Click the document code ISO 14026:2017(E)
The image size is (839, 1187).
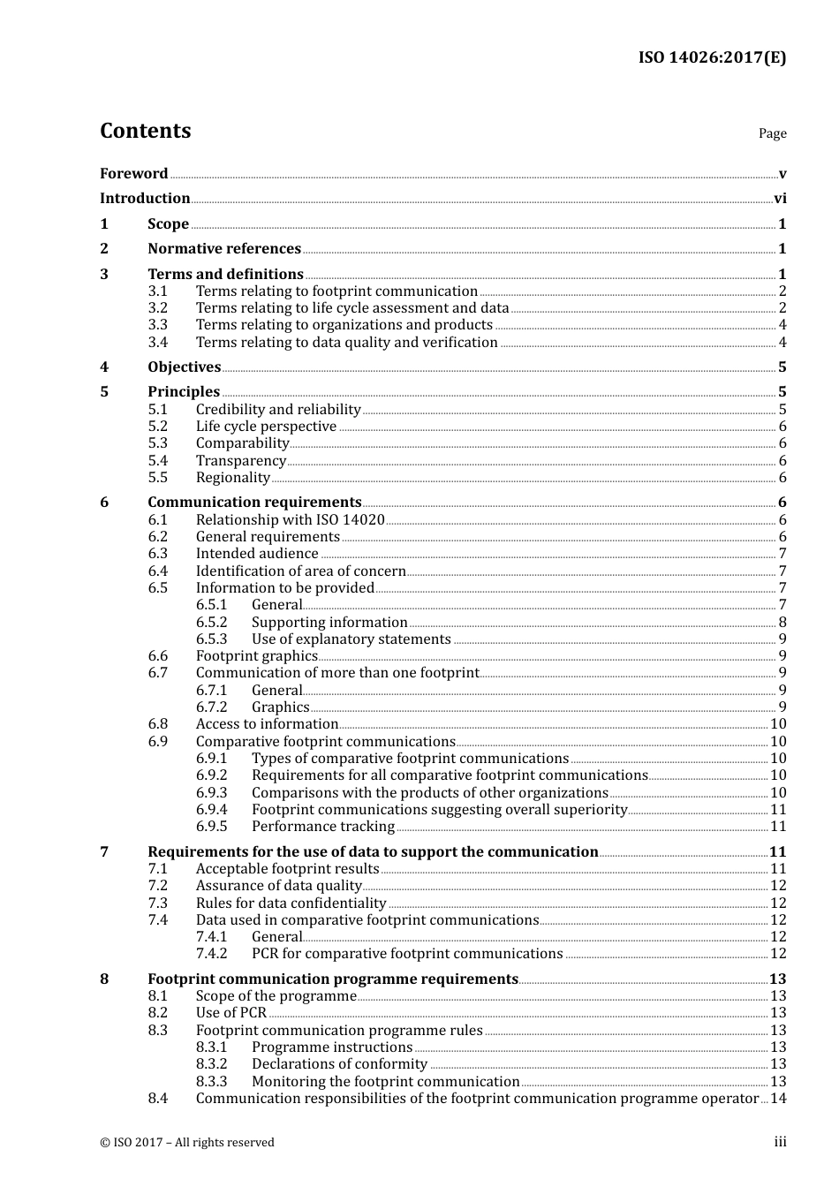click(712, 57)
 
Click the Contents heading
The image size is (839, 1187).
click(145, 131)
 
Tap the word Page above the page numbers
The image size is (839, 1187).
click(772, 133)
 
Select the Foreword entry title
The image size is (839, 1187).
click(133, 174)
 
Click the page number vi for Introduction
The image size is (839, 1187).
click(780, 199)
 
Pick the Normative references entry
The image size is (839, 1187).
click(224, 249)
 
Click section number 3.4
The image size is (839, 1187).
click(157, 343)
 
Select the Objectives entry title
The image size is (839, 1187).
click(184, 367)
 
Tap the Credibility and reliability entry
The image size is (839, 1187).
click(278, 410)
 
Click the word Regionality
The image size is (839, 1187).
click(233, 478)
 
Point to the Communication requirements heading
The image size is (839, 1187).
click(254, 503)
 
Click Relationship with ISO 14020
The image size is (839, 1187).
click(290, 520)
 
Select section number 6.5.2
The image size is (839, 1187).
click(211, 623)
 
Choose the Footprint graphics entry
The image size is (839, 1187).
click(256, 656)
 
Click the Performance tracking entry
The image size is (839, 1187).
click(323, 827)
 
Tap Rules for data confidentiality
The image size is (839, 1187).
click(291, 903)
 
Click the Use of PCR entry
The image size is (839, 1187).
click(231, 1013)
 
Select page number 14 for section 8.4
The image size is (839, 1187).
click(778, 1099)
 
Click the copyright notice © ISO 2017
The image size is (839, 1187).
click(187, 1143)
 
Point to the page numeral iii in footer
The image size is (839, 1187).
click(780, 1142)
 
